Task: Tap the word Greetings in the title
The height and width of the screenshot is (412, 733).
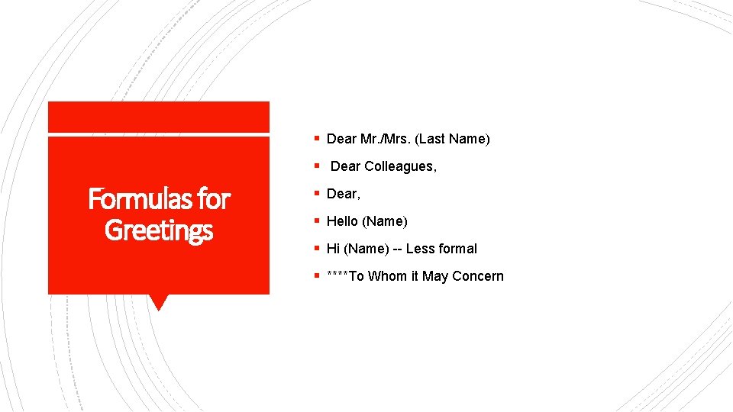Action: [159, 230]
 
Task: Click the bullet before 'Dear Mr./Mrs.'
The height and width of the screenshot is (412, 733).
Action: [316, 139]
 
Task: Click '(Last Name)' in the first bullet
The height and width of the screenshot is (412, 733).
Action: [453, 139]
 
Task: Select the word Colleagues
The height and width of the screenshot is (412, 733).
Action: [401, 166]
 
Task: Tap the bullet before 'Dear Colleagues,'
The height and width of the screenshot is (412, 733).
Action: [316, 166]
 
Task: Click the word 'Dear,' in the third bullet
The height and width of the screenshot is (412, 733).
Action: [344, 194]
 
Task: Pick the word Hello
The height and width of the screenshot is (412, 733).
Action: [342, 221]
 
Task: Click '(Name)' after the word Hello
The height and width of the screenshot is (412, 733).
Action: [385, 221]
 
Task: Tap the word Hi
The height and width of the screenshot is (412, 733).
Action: [333, 249]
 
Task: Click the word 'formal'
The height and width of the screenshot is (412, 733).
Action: [457, 249]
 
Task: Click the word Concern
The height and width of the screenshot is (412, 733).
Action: [478, 276]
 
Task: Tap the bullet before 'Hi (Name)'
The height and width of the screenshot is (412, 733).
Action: [316, 249]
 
